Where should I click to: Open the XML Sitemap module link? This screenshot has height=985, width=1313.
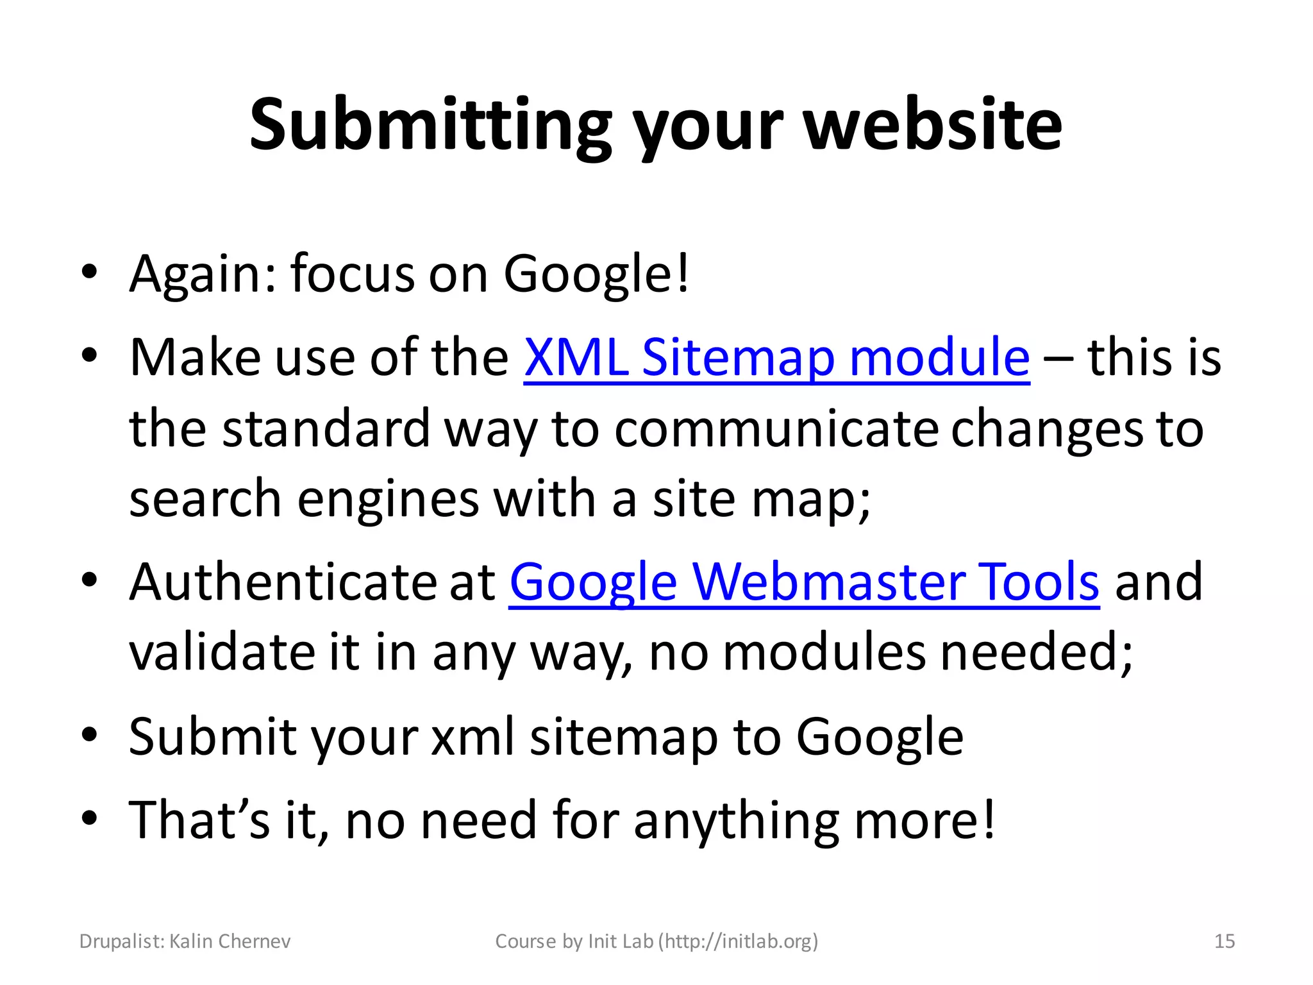[x=776, y=357]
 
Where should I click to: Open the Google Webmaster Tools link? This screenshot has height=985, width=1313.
[x=804, y=582]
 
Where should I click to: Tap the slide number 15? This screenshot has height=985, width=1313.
[x=1225, y=941]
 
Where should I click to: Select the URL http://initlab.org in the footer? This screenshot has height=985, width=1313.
[x=739, y=941]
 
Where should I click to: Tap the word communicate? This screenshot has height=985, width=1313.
[x=776, y=429]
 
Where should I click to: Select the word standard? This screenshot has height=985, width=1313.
[x=326, y=429]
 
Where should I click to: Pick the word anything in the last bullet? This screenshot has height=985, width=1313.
[x=736, y=821]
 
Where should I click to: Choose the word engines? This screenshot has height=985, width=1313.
[x=388, y=500]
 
